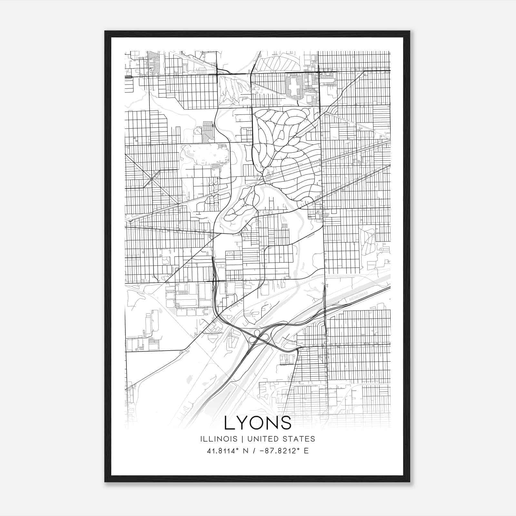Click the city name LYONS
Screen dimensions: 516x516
[258, 423]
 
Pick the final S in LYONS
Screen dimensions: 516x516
[286, 423]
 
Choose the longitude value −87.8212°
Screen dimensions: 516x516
[278, 451]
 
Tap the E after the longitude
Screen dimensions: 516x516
[306, 451]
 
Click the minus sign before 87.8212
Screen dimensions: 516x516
[262, 451]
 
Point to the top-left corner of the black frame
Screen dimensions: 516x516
[105, 31]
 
